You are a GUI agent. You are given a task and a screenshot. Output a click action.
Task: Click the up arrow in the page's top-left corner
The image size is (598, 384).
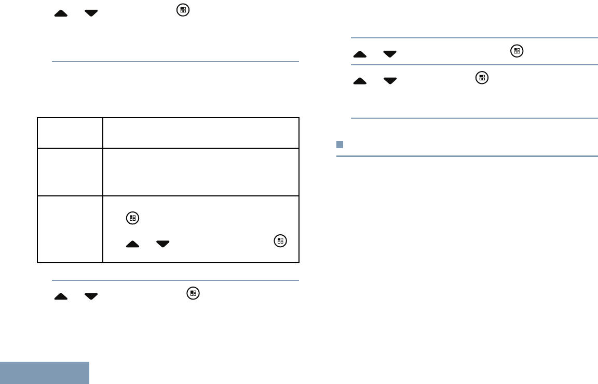tap(61, 13)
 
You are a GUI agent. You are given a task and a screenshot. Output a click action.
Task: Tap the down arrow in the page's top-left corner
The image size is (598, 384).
tap(91, 13)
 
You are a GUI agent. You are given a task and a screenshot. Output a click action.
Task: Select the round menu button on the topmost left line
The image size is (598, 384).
tap(182, 10)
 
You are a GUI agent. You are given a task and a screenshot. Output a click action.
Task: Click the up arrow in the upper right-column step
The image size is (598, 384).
tap(359, 53)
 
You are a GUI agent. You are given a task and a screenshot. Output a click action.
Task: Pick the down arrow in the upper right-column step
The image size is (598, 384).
tap(390, 53)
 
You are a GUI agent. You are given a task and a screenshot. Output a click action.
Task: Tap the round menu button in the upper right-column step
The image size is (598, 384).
tap(517, 51)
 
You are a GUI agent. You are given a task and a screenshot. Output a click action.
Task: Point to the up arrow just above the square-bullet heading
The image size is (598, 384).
tap(359, 80)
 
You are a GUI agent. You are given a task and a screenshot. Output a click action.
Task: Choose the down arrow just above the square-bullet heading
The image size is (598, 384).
tap(390, 80)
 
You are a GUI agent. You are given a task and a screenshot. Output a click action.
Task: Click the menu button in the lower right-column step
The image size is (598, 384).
tap(482, 78)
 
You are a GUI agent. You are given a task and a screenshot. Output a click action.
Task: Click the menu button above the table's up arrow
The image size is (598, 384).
tap(133, 219)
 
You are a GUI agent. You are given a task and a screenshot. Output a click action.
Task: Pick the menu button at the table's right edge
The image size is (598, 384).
tap(280, 240)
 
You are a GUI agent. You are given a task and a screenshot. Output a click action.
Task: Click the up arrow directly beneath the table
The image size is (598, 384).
tap(61, 296)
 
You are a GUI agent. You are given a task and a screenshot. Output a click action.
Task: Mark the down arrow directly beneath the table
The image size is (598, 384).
tap(91, 296)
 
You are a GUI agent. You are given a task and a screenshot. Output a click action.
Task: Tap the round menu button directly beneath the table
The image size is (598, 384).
tap(193, 293)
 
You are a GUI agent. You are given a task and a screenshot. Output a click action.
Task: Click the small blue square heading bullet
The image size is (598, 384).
tap(339, 144)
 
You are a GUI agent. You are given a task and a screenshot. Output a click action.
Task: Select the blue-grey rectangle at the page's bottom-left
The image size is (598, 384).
tap(45, 373)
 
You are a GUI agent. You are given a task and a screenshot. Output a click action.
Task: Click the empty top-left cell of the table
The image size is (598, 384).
tap(70, 133)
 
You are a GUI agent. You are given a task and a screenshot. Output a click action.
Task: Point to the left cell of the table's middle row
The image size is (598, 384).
tap(70, 172)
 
